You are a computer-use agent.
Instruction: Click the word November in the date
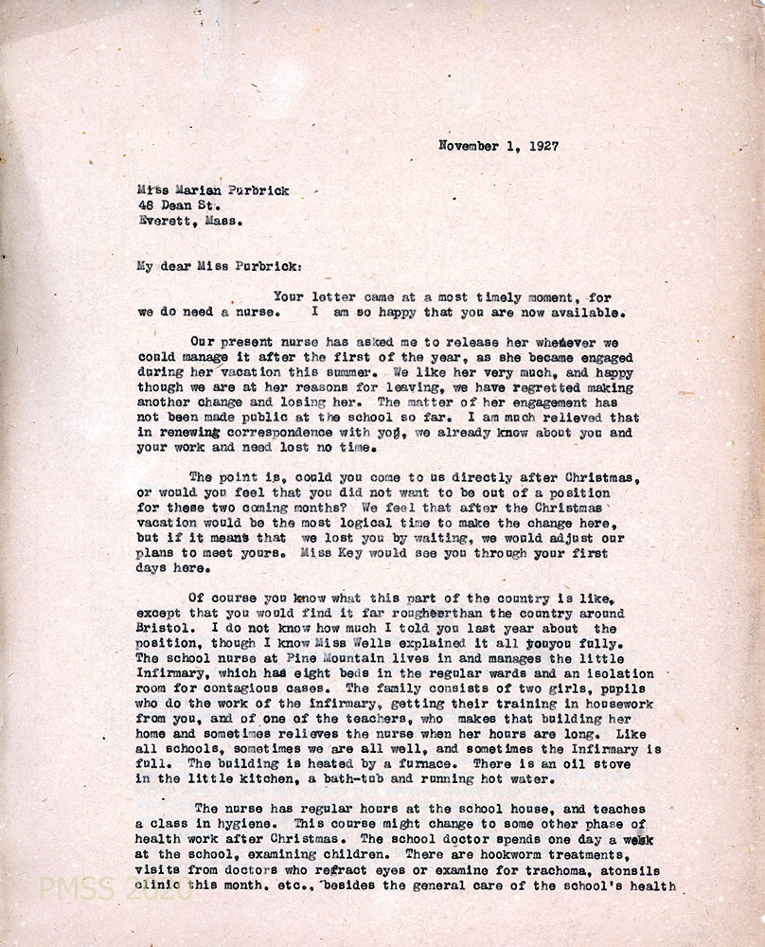coord(471,146)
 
